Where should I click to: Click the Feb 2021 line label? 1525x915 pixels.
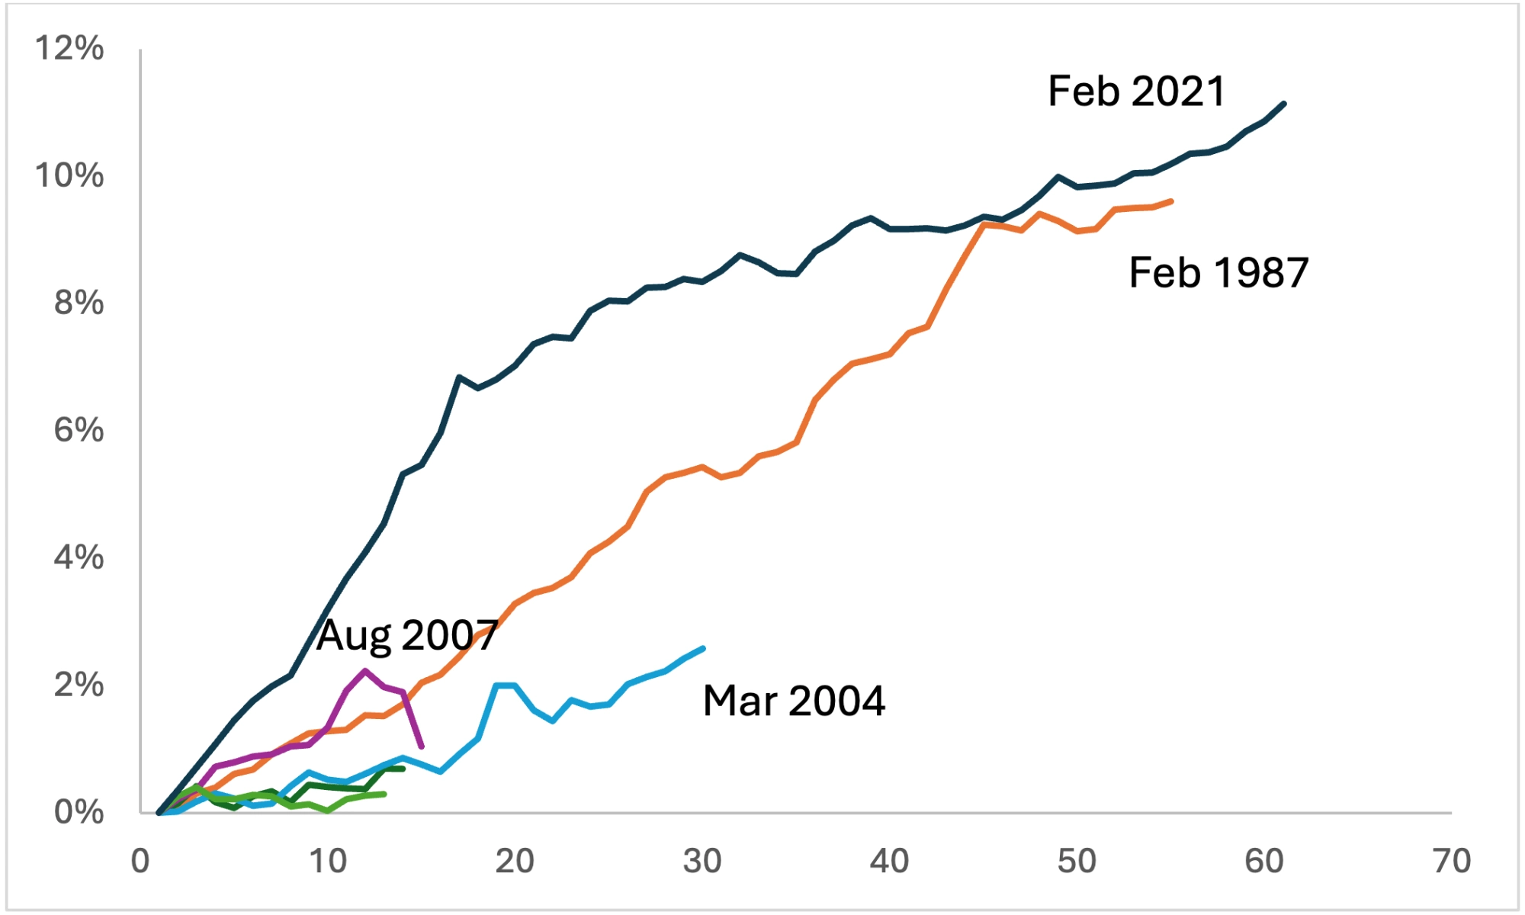[1136, 91]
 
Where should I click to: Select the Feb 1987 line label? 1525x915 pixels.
[1218, 273]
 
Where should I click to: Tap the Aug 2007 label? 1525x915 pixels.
[407, 635]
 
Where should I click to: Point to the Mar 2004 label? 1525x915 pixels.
[794, 701]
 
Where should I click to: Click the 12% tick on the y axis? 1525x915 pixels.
[69, 49]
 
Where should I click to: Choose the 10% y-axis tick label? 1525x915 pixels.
[69, 176]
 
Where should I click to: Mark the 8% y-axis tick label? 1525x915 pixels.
[79, 303]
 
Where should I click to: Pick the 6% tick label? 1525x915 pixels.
[79, 431]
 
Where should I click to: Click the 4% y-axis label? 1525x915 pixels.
[79, 558]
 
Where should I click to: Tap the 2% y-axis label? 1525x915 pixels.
[79, 685]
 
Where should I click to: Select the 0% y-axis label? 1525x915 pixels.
[79, 813]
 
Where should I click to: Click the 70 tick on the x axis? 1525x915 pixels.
[1452, 862]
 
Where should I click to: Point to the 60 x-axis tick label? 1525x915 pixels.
[1264, 862]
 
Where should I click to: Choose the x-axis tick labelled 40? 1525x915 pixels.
[889, 862]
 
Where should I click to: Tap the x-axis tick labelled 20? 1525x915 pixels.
[515, 862]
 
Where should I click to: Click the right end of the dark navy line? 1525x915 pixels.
[1284, 104]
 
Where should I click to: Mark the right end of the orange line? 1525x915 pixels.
[1171, 201]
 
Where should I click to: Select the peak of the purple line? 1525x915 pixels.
[365, 671]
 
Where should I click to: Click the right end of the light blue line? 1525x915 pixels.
[703, 648]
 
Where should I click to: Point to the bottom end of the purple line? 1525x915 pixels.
[422, 746]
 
